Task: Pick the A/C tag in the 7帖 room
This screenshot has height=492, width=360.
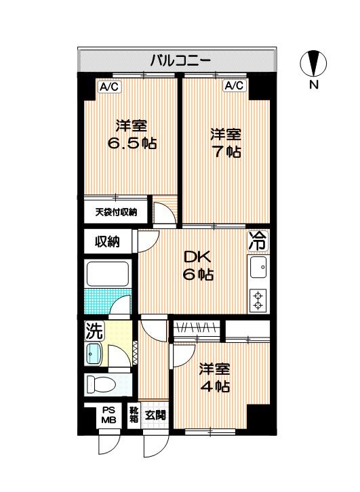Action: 234,86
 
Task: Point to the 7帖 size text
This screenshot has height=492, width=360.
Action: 225,152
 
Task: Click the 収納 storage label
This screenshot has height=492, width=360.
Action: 107,241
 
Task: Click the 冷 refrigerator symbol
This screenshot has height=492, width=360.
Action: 258,239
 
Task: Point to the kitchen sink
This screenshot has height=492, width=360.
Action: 258,269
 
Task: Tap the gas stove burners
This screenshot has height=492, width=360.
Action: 258,299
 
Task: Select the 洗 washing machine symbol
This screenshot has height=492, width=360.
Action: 94,331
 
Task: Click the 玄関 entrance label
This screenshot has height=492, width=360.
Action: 155,415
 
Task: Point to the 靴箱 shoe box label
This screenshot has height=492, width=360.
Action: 134,414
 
